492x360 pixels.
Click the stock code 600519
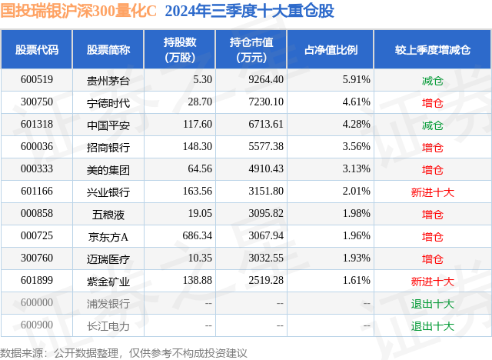pos(36,79)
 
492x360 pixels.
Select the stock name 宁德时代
pos(108,102)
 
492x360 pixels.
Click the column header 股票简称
pos(108,49)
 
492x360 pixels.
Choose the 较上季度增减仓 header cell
pos(432,49)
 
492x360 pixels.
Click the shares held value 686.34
pos(193,235)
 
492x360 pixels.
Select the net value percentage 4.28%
pos(356,124)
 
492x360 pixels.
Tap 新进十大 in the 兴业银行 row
pos(432,191)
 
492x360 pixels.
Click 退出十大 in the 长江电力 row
pos(432,325)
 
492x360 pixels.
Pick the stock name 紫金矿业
pos(108,281)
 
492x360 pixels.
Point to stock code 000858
pos(36,213)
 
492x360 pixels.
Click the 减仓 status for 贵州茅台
pos(432,79)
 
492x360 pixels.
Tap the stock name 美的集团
pos(108,168)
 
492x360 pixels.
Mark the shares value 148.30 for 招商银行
pos(193,146)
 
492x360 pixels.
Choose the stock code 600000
pos(36,303)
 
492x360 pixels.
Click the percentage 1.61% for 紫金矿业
pos(356,281)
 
